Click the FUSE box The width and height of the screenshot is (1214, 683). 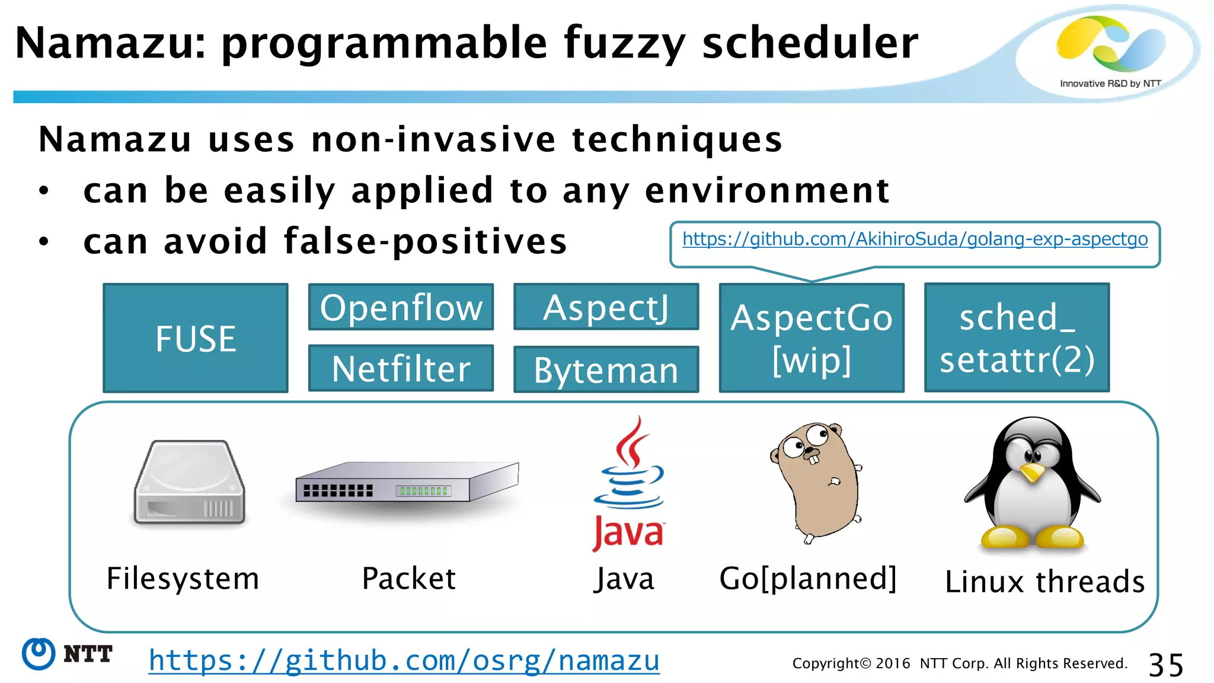pyautogui.click(x=196, y=338)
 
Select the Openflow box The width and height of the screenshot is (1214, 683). pyautogui.click(x=401, y=307)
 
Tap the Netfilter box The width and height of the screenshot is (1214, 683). pyautogui.click(x=401, y=368)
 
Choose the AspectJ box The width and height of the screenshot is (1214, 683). pyautogui.click(x=606, y=307)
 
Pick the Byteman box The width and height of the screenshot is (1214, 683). pyautogui.click(x=606, y=370)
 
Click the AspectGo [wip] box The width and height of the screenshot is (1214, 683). pyautogui.click(x=811, y=338)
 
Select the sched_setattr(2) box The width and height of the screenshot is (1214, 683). pyautogui.click(x=1017, y=338)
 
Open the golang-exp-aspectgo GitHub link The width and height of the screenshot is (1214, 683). pyautogui.click(x=915, y=239)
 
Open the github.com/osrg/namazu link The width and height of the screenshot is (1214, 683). pyautogui.click(x=404, y=660)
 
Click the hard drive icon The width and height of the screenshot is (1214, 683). pyautogui.click(x=190, y=482)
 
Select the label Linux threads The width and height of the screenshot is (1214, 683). pyautogui.click(x=1044, y=581)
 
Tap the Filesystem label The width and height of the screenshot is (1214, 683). pyautogui.click(x=183, y=579)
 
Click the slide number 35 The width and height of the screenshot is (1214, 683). pyautogui.click(x=1165, y=665)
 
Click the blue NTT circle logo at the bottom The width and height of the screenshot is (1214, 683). pyautogui.click(x=39, y=654)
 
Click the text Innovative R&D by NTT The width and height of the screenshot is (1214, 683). pyautogui.click(x=1110, y=84)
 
